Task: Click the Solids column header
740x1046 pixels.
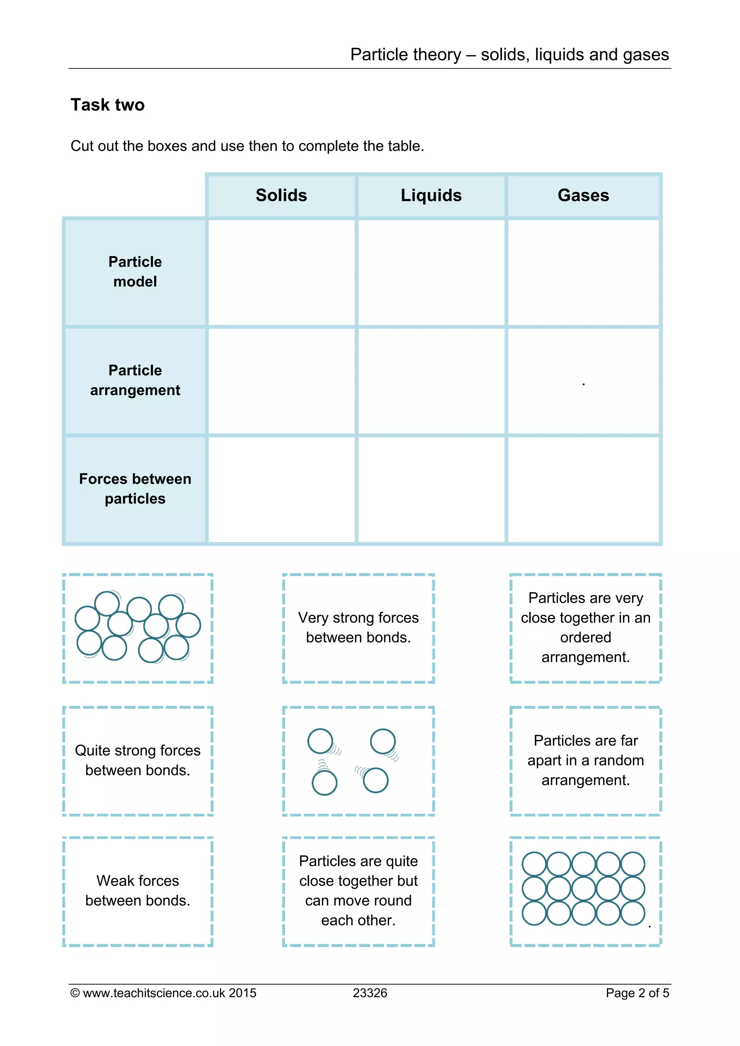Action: [281, 195]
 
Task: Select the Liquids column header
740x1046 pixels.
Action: [431, 195]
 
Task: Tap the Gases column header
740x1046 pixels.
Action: [583, 195]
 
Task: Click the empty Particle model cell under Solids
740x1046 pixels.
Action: [281, 272]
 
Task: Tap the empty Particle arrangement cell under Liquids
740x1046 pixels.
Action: [431, 381]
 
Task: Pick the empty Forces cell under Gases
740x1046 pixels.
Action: [583, 489]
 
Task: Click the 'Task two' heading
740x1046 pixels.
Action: [108, 105]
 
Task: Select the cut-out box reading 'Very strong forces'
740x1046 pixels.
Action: [358, 627]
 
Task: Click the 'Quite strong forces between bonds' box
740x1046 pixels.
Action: [138, 760]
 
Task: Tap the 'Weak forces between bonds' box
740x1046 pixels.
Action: [138, 890]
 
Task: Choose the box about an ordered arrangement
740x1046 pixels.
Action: [585, 627]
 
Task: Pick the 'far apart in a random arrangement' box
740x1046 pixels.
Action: [585, 760]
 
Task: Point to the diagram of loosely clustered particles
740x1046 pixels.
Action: [138, 627]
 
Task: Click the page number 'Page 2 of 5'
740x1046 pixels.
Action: [637, 993]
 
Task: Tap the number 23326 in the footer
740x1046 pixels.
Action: [370, 993]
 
